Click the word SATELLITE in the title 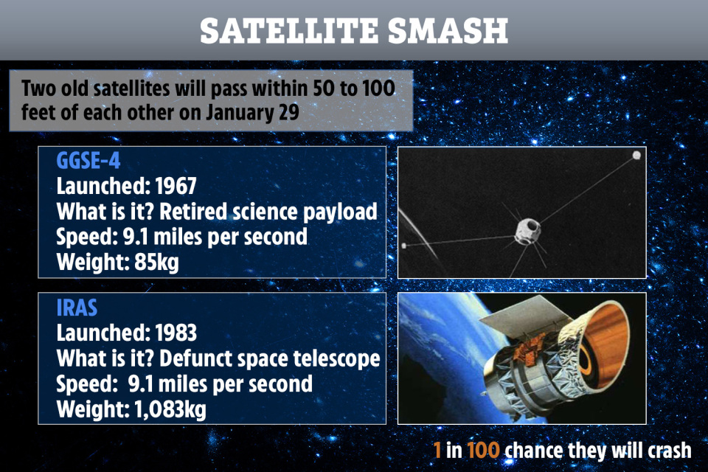(289, 31)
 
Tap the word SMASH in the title (448, 31)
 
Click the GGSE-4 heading (88, 160)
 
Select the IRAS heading (77, 308)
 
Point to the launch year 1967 (176, 186)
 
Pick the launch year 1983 (176, 333)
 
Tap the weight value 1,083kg (170, 409)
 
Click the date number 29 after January (289, 112)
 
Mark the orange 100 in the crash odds (483, 451)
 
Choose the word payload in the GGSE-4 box (339, 212)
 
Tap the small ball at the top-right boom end (636, 156)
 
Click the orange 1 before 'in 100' (437, 451)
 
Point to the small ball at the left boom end (404, 246)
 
